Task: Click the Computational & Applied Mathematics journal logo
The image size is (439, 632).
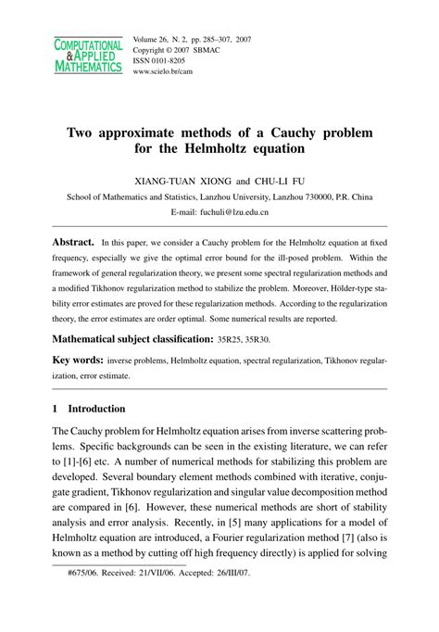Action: (88, 56)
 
